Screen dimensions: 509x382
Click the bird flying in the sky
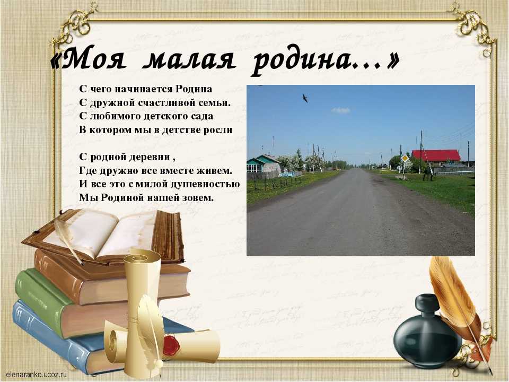305,98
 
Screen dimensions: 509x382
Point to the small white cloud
340,110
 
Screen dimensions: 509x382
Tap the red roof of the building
436,155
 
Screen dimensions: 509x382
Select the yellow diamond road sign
405,159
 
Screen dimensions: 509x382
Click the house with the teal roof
264,164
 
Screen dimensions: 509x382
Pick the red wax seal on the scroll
171,345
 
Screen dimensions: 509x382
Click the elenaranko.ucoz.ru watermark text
36,374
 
